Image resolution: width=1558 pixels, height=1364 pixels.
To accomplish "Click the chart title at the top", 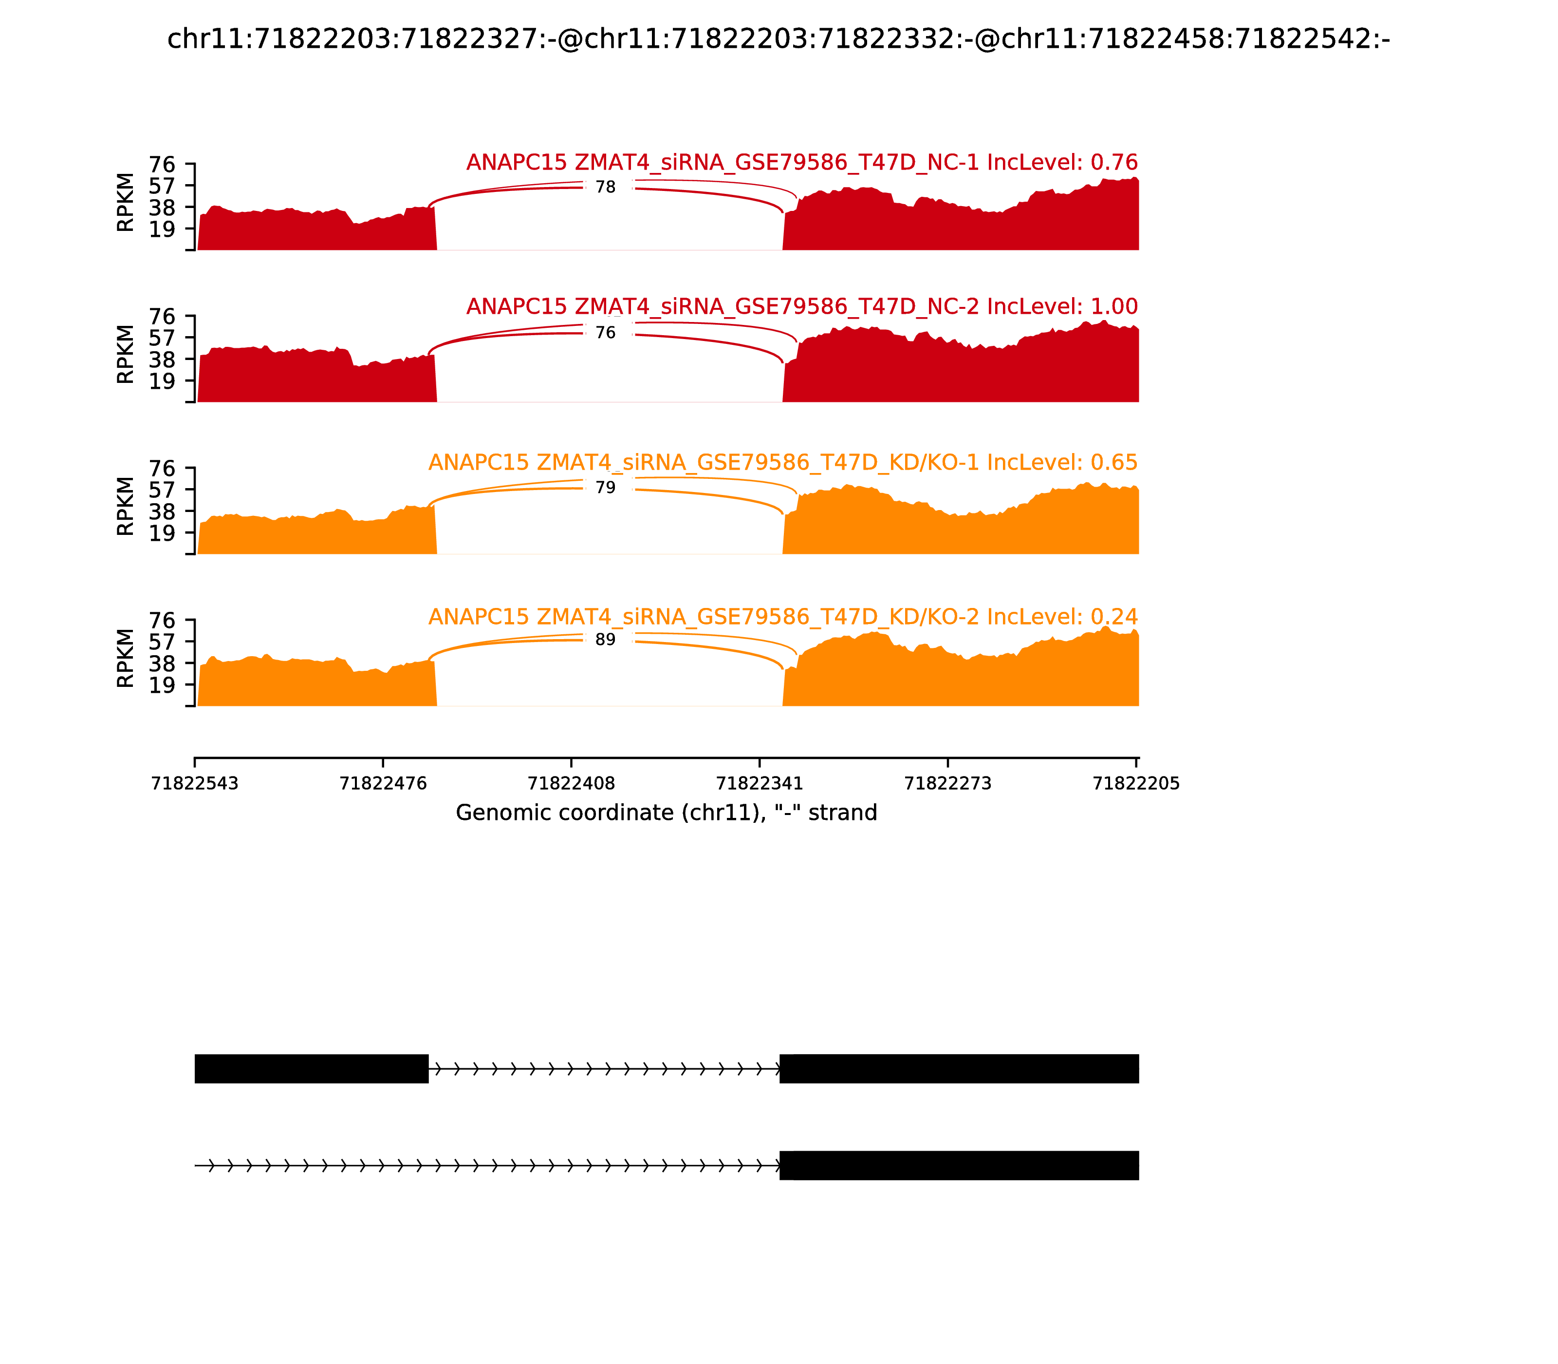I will point(778,39).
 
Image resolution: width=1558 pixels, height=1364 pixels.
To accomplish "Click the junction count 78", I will point(606,187).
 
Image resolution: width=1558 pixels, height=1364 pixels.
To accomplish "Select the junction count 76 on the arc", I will point(606,333).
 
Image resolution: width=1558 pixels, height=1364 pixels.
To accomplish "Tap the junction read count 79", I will point(606,488).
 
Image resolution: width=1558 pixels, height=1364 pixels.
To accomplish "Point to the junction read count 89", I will point(606,640).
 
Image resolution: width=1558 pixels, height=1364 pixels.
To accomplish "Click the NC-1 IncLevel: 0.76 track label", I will point(802,162).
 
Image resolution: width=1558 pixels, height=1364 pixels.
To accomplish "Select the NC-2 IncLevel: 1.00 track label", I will point(802,307).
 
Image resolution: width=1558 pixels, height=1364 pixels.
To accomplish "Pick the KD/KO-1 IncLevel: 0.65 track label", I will point(783,463).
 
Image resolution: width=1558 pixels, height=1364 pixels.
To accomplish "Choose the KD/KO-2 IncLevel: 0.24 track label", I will point(783,617).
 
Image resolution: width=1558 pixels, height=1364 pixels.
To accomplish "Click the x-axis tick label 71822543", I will point(195,784).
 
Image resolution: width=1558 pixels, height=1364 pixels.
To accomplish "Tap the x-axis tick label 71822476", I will point(383,784).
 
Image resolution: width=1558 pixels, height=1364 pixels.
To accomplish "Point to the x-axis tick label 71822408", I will point(571,784).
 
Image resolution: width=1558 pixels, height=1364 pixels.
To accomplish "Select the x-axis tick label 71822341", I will point(759,784).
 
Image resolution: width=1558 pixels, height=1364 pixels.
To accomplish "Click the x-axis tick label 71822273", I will point(948,784).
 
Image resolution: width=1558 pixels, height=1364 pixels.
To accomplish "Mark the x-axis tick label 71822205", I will point(1136,784).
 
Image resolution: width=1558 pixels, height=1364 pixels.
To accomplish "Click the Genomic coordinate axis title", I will point(667,813).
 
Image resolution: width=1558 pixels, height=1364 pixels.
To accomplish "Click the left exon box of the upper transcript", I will point(311,1069).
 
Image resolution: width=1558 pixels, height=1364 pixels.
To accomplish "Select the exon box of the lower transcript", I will point(959,1165).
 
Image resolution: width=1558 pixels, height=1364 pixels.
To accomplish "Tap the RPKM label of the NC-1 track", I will point(126,203).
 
